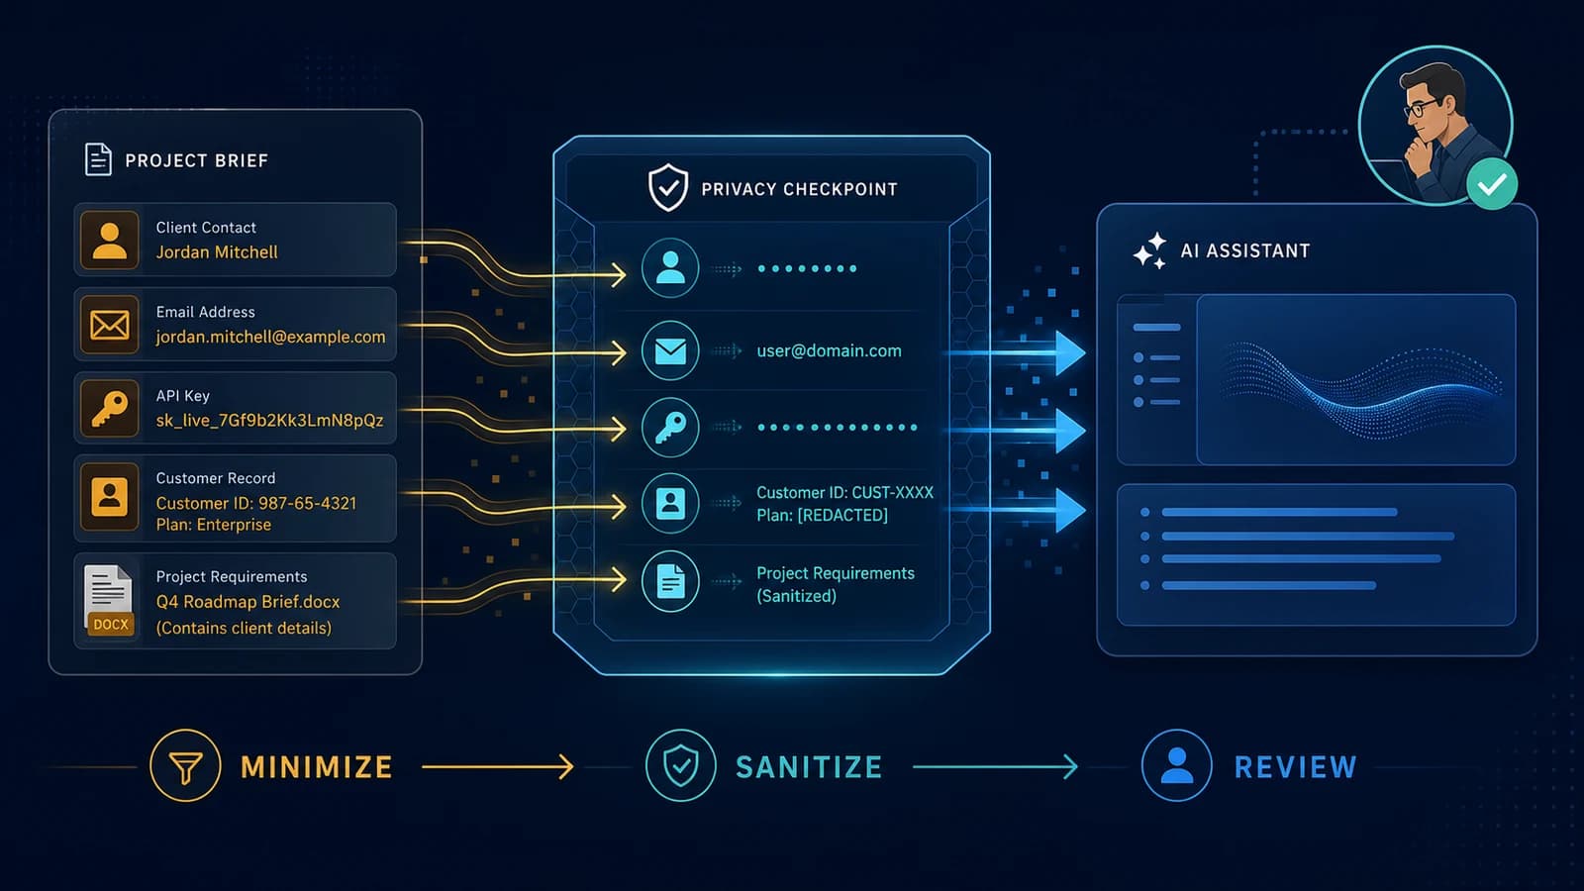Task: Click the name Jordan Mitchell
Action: (x=217, y=252)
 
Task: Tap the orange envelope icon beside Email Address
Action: (x=110, y=326)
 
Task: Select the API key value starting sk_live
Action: (x=269, y=421)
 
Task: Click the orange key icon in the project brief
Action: (x=110, y=409)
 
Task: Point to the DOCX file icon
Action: (x=108, y=600)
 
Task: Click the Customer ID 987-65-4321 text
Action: (x=256, y=504)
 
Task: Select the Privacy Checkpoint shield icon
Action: (x=668, y=188)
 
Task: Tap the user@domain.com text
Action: (x=829, y=350)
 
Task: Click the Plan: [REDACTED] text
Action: (x=822, y=516)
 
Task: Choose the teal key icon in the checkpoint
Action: (x=670, y=427)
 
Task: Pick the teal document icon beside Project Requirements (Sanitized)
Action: (x=670, y=581)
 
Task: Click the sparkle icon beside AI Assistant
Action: (x=1149, y=251)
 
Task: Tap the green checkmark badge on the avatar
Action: (x=1491, y=184)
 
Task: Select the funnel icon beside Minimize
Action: (x=185, y=766)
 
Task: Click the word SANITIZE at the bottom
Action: (x=809, y=767)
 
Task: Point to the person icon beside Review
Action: (x=1177, y=766)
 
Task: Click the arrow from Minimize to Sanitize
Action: (x=498, y=766)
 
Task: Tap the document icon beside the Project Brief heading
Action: (x=98, y=159)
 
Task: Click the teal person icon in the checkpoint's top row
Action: (x=670, y=268)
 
